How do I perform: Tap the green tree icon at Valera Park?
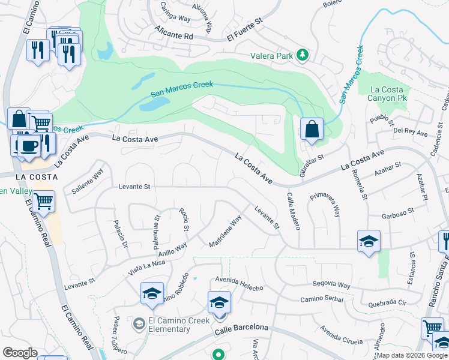click(303, 56)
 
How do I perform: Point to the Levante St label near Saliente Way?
click(134, 187)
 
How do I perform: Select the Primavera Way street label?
click(325, 205)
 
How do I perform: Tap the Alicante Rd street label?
click(173, 33)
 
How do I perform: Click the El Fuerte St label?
click(245, 30)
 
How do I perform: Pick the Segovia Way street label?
click(331, 285)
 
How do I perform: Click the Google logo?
click(20, 353)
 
